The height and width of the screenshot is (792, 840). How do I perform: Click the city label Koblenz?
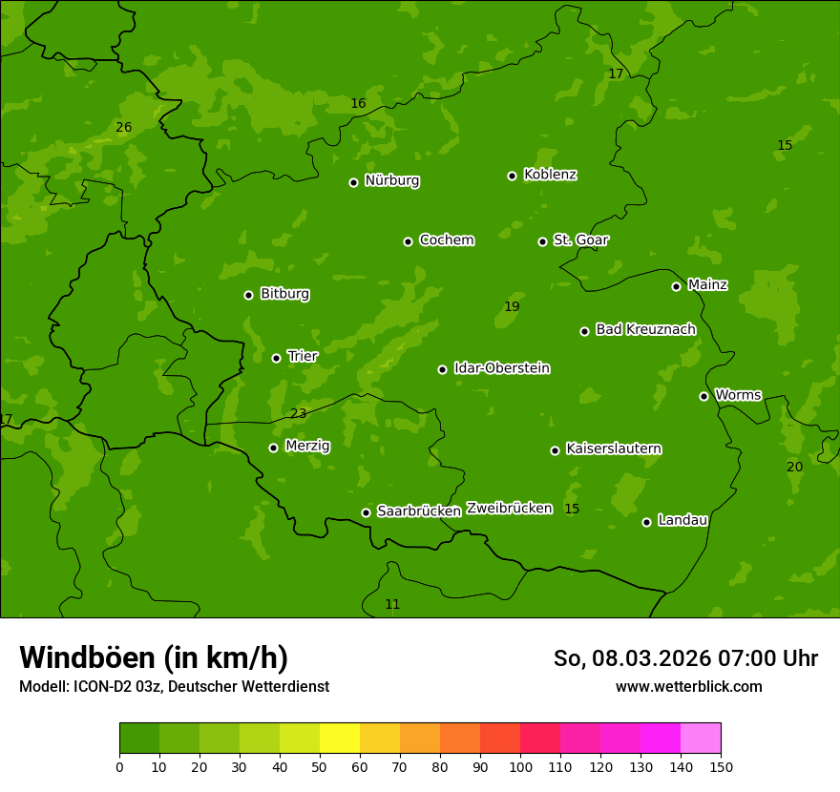tap(550, 175)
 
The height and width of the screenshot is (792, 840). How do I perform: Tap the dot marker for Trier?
tap(276, 358)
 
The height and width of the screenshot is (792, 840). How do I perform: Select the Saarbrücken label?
tap(419, 511)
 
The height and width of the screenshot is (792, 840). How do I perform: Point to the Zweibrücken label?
tap(509, 508)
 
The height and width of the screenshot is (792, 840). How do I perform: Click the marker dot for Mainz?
tap(676, 286)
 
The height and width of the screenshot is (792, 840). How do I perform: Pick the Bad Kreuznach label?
tap(645, 329)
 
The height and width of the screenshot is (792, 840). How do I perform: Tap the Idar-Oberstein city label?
tap(501, 368)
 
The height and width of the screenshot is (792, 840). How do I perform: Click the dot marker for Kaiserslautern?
tap(555, 450)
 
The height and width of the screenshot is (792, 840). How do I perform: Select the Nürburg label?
tap(391, 180)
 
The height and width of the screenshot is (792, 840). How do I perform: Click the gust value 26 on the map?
tap(124, 127)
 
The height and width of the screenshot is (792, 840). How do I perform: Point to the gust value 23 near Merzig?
tap(299, 413)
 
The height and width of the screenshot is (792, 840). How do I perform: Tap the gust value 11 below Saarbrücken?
tap(392, 604)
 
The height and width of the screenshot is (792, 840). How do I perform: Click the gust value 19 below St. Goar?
tap(512, 306)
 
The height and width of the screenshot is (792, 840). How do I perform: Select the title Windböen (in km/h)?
tap(154, 657)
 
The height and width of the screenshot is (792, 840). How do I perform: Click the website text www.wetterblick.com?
tap(688, 686)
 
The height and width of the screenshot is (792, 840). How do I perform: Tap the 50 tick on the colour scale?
tap(320, 766)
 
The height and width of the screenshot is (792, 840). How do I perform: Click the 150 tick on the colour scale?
tap(721, 766)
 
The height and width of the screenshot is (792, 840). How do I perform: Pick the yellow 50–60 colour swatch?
tap(340, 739)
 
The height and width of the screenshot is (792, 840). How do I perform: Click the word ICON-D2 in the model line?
tap(100, 686)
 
